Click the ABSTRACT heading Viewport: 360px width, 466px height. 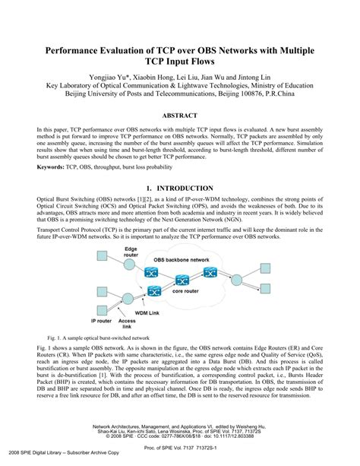click(x=180, y=116)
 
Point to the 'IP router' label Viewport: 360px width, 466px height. click(x=103, y=311)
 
